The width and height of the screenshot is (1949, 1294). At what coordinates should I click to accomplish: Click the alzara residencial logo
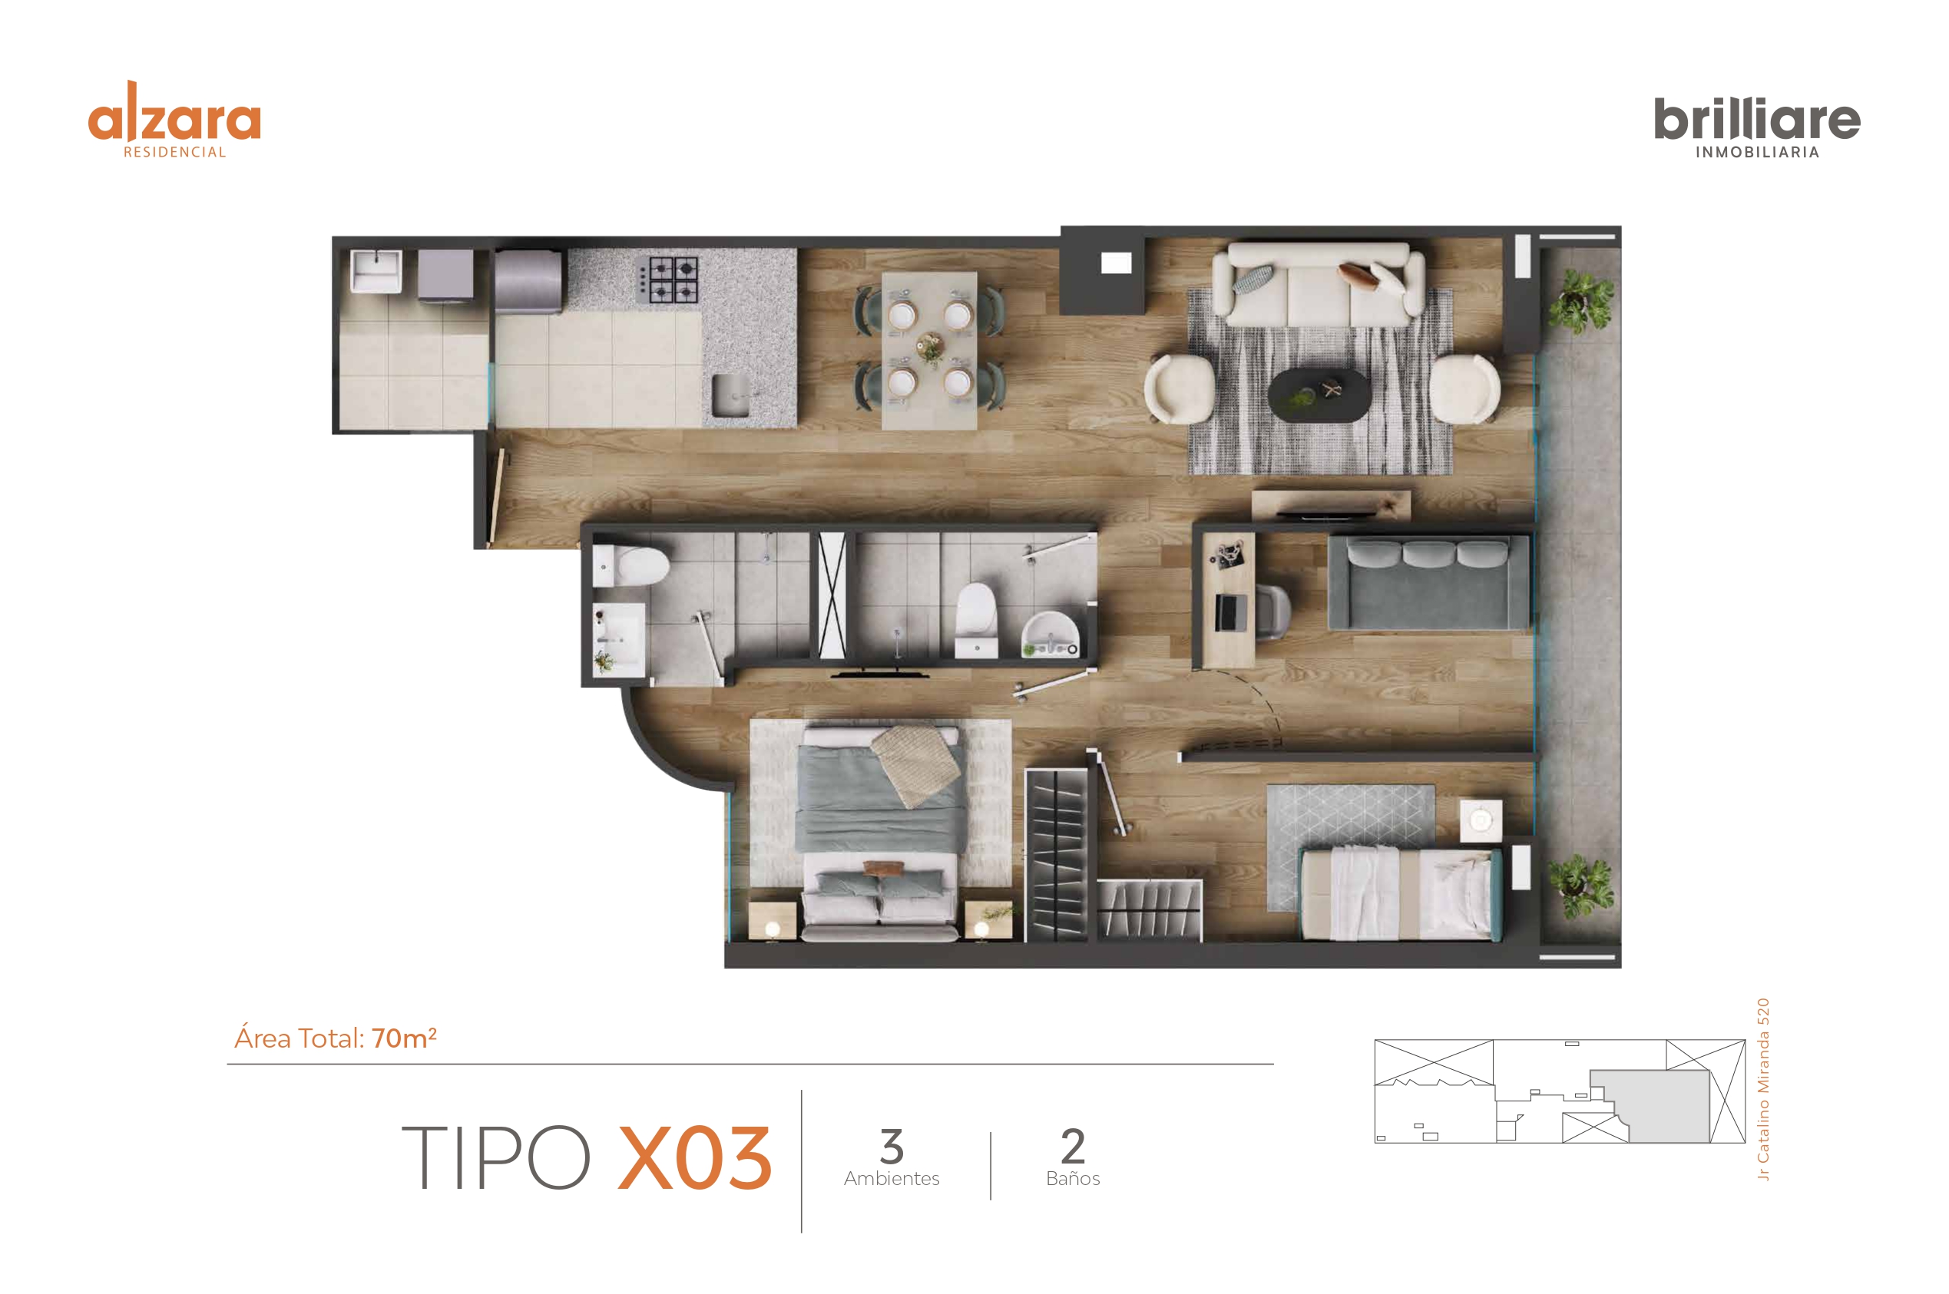coord(174,120)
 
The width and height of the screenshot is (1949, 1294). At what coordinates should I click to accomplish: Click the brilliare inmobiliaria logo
coord(1757,128)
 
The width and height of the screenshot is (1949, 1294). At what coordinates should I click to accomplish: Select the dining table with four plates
coord(928,351)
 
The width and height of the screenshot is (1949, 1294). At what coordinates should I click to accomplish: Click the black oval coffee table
coord(1319,395)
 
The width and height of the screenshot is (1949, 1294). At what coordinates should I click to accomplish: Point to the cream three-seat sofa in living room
coord(1319,285)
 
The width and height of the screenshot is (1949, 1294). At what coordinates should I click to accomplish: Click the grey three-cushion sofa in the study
coord(1429,583)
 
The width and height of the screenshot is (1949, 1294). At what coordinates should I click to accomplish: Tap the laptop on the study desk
coord(1231,612)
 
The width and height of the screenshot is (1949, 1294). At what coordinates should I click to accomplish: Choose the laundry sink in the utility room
coord(376,271)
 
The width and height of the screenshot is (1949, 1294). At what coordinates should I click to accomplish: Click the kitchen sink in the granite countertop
coord(731,395)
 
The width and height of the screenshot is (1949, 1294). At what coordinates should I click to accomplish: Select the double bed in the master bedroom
coord(880,833)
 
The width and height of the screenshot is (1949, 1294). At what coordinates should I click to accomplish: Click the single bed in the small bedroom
coord(1401,895)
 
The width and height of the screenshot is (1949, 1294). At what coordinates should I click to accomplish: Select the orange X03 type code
coord(695,1158)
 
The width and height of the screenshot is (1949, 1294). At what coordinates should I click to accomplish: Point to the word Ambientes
coord(892,1178)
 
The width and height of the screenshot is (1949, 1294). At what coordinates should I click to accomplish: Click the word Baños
coord(1073,1178)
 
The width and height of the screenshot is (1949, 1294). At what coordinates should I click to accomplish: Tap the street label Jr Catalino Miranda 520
coord(1763,1089)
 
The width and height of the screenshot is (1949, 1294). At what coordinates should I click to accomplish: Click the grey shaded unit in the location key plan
coord(1650,1106)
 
